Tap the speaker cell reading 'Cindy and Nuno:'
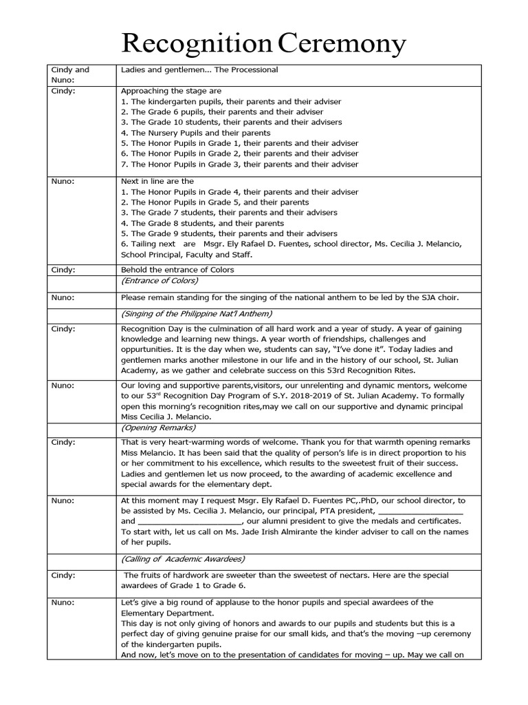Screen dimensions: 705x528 tap(70, 74)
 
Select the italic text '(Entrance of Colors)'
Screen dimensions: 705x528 tap(159, 280)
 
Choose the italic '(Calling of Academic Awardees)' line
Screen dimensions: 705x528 tap(182, 558)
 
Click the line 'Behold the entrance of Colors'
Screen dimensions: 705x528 tap(177, 270)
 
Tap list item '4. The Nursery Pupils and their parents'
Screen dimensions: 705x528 tap(195, 132)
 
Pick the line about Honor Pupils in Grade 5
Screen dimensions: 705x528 tap(214, 202)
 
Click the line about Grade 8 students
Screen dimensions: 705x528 tap(202, 223)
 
